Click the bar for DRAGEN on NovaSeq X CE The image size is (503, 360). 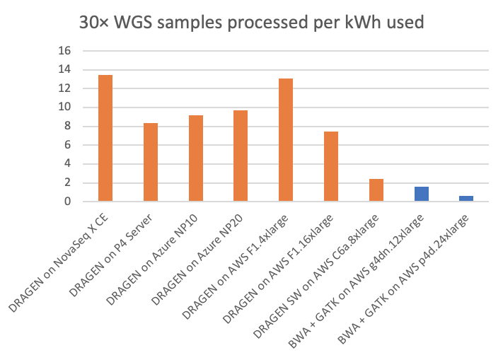coord(105,138)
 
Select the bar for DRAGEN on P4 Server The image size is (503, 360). coord(151,162)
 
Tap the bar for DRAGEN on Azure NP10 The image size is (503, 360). coord(196,158)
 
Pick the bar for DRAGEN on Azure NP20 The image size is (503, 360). coord(241,156)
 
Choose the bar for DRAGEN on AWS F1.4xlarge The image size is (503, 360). coord(286,139)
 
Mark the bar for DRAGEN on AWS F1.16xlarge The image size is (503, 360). coord(331,166)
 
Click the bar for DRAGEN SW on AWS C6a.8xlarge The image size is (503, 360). coord(376,190)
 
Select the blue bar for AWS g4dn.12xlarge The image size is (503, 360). coord(422,194)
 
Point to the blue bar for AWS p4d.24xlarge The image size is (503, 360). coord(466,199)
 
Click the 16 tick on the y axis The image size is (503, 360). coord(66,51)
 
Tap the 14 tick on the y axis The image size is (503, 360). coord(66,70)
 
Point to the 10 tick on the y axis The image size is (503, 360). coord(66,108)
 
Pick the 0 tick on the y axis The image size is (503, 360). coord(69,202)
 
